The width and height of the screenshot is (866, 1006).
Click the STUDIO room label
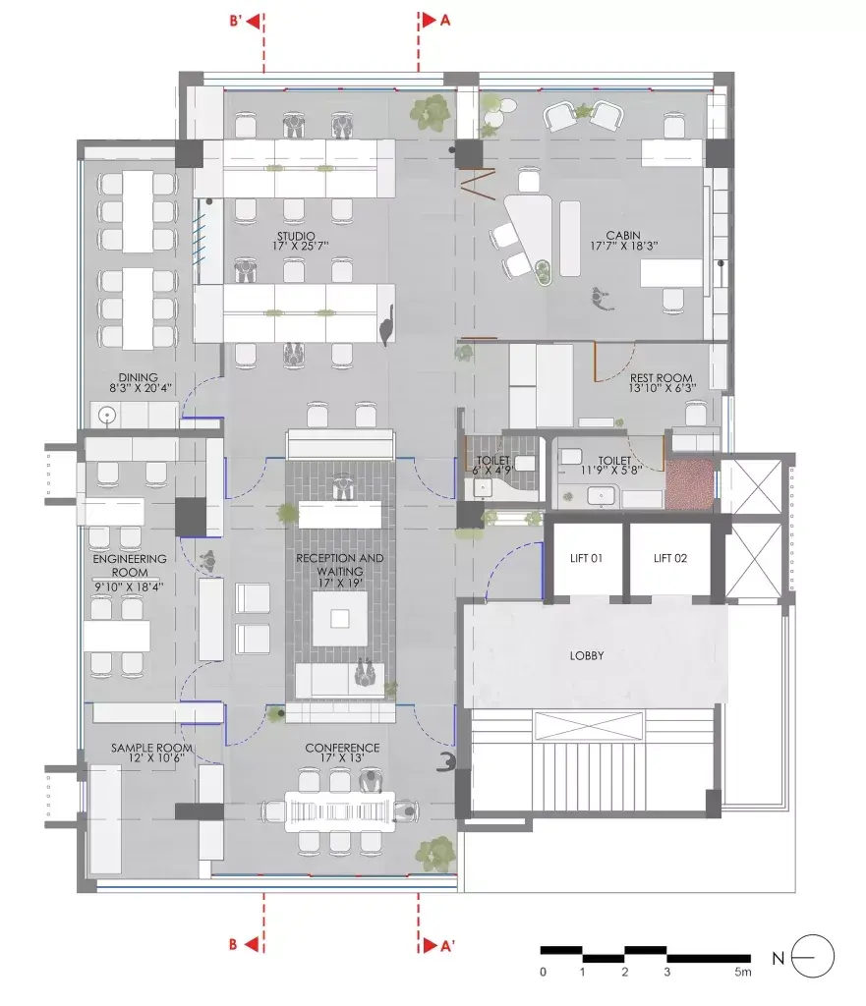tap(296, 236)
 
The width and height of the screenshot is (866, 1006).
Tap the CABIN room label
tap(622, 236)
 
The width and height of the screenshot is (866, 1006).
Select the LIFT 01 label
tap(586, 558)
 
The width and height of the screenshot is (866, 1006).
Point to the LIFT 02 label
tap(670, 558)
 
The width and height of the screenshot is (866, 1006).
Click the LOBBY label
tap(587, 655)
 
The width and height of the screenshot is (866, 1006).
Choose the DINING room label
tap(138, 377)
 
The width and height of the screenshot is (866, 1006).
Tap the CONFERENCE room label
tap(342, 748)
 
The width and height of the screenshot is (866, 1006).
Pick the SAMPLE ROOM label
tap(151, 748)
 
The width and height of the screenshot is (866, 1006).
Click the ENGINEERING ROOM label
tap(130, 565)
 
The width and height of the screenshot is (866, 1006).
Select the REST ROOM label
tap(661, 378)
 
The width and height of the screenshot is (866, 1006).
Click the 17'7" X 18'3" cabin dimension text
tap(624, 246)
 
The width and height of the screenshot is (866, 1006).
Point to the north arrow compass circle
tap(813, 957)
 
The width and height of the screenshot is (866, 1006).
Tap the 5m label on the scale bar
tap(743, 972)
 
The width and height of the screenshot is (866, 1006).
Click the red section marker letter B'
tap(236, 21)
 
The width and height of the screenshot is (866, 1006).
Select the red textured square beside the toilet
tap(689, 484)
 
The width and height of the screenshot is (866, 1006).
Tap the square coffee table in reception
tap(339, 619)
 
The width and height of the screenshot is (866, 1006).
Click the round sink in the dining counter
tap(106, 416)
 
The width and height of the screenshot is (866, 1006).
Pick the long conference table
tap(339, 811)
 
